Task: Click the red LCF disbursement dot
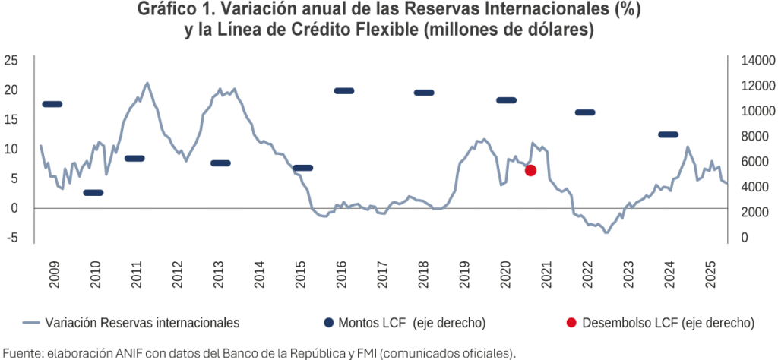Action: pos(530,171)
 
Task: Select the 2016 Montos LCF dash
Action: pos(344,91)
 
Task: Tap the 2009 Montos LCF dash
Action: pos(52,104)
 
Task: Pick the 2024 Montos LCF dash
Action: pos(668,134)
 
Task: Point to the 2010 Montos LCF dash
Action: pos(93,193)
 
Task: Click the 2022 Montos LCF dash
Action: pos(585,112)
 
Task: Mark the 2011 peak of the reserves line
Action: pos(147,83)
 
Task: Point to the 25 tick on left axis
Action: pos(11,60)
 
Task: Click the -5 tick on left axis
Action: pos(11,237)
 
